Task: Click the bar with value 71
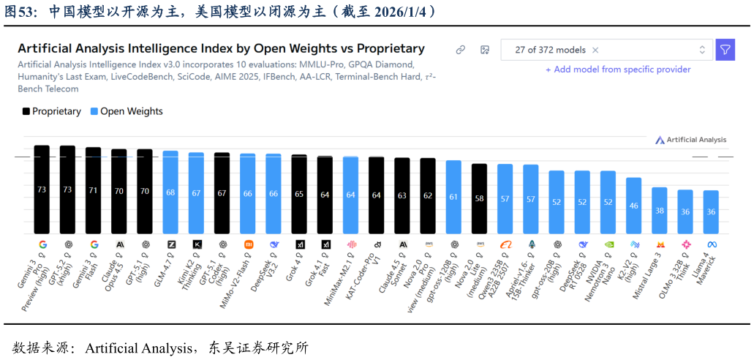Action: coord(93,190)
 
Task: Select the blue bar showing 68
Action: coord(170,192)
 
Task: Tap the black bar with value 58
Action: coord(479,198)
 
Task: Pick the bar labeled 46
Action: coord(633,206)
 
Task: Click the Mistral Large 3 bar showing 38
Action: coord(660,211)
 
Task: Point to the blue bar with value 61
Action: coord(453,197)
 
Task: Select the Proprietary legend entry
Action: coord(51,111)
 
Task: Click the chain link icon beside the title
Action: coord(461,50)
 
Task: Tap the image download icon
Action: coord(484,50)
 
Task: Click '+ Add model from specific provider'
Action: coord(618,70)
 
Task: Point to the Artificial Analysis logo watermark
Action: coord(690,140)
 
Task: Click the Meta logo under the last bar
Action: coord(711,244)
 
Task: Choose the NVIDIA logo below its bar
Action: coord(608,244)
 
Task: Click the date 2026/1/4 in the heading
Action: coord(401,12)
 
